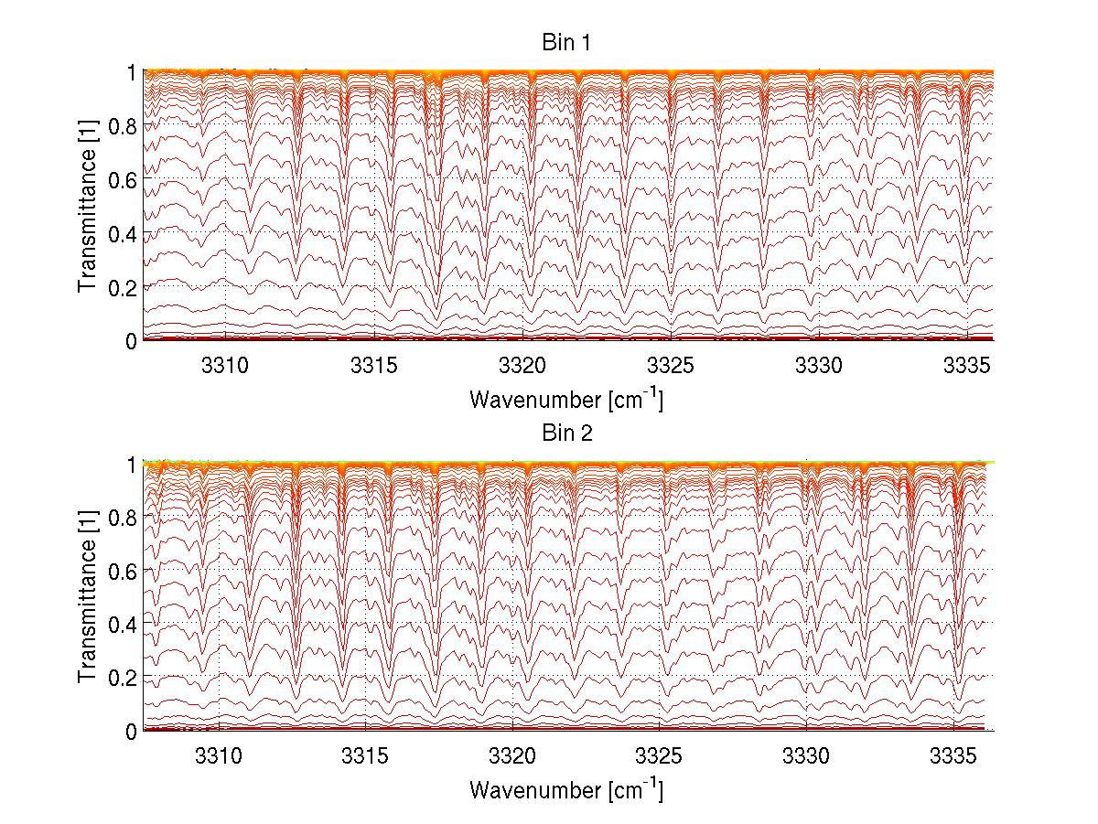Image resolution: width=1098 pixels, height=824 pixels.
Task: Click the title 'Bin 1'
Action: [567, 42]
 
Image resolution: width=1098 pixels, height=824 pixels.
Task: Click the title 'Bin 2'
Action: [567, 433]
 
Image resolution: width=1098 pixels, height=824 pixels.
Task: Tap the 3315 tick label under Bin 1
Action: [373, 365]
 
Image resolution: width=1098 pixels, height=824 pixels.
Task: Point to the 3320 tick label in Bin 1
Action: [522, 365]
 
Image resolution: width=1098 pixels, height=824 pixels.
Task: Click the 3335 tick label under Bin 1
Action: [967, 365]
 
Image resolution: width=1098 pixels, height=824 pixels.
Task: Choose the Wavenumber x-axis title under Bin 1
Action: [566, 399]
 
